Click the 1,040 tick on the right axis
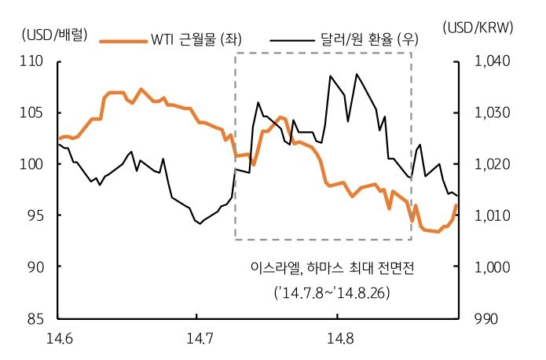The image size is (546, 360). (492, 61)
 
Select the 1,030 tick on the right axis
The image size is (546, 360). (492, 112)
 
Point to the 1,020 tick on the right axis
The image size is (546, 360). (492, 164)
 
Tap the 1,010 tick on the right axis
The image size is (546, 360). (492, 215)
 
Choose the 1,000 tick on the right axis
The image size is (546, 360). (492, 267)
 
